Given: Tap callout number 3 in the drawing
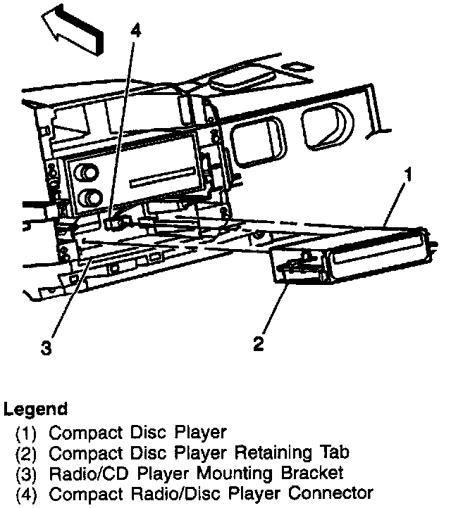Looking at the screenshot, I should point(47,348).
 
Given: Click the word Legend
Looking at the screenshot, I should point(36,409).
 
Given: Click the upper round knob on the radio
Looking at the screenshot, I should point(88,173).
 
